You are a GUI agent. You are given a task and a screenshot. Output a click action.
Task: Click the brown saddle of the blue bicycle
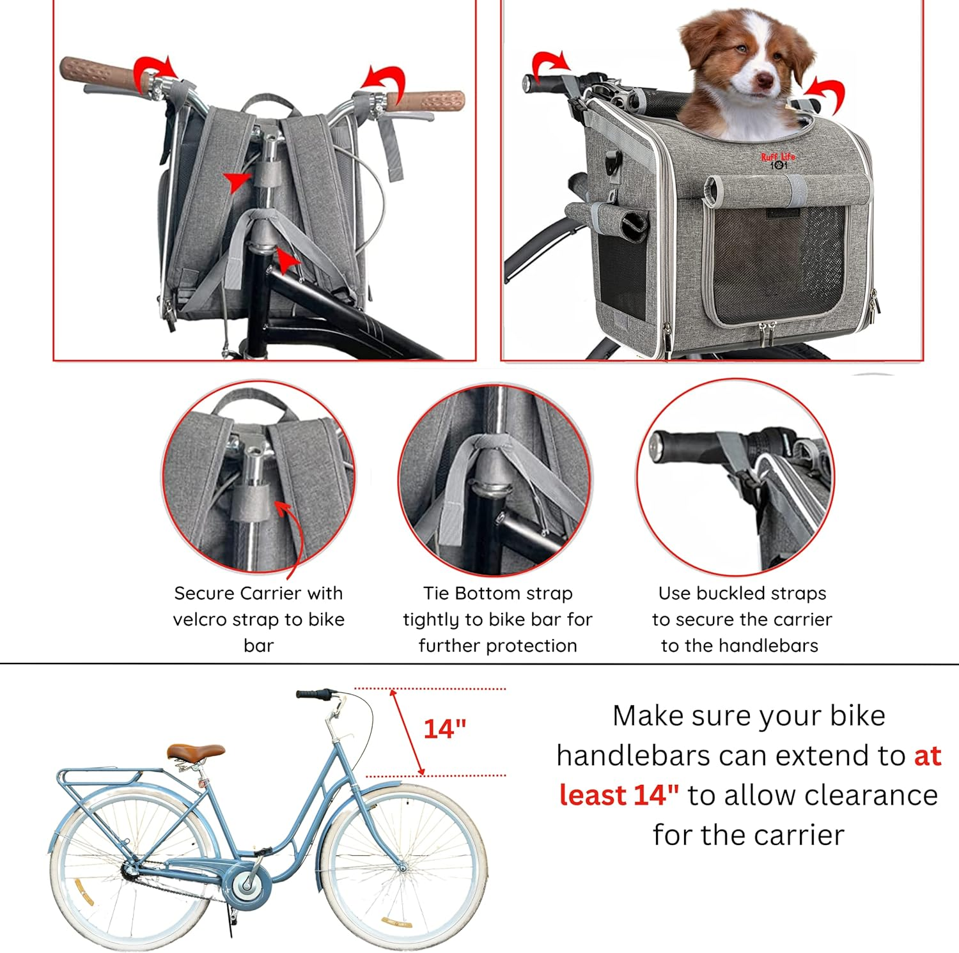pyautogui.click(x=196, y=752)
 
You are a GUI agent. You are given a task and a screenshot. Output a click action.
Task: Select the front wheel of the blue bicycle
pyautogui.click(x=403, y=868)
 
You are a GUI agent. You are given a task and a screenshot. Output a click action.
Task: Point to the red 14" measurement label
pyautogui.click(x=445, y=729)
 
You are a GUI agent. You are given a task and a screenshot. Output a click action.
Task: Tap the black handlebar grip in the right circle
pyautogui.click(x=684, y=446)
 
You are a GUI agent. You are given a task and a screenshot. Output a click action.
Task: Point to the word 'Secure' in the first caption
pyautogui.click(x=204, y=593)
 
